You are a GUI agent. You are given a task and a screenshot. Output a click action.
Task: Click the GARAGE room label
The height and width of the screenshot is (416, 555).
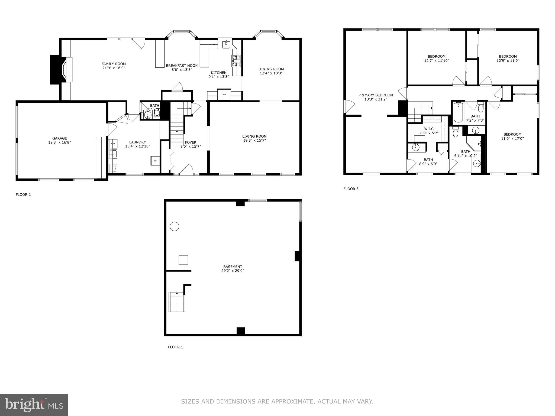[59, 138]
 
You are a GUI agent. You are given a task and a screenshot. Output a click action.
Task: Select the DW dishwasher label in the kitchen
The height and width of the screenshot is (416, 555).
[213, 44]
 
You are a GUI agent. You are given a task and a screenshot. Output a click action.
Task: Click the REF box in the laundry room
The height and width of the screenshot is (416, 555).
[155, 161]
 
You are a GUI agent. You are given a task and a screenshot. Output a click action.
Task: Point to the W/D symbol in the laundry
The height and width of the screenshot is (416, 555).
[112, 144]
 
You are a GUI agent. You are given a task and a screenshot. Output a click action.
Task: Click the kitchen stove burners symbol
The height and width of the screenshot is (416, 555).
[234, 61]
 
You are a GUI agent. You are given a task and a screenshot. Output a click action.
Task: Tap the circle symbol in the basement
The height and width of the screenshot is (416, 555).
[175, 226]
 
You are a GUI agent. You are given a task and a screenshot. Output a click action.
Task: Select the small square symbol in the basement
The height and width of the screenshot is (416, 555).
[183, 260]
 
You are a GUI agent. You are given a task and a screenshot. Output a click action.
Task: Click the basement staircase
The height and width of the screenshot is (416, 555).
[177, 302]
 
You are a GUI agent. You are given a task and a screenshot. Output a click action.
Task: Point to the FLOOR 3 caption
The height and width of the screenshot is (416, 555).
[351, 189]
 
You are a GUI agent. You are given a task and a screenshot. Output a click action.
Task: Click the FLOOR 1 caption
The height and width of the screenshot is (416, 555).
[175, 347]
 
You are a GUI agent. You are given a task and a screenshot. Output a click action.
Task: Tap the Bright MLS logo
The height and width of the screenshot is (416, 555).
[34, 405]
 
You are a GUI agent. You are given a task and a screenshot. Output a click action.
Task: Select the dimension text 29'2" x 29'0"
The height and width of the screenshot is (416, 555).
[233, 271]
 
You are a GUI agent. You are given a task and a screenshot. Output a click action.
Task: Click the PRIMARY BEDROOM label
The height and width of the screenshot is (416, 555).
[376, 95]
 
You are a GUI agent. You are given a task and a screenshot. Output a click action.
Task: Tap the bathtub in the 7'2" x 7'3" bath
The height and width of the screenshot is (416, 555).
[458, 112]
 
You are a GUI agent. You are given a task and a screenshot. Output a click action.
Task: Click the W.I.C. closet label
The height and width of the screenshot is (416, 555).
[429, 129]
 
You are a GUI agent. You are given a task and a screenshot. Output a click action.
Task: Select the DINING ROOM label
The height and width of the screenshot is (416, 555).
[271, 69]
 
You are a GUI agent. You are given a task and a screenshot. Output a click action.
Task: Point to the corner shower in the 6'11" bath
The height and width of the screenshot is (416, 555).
[473, 144]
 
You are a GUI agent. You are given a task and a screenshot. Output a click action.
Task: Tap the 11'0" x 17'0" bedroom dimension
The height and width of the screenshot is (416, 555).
[512, 138]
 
